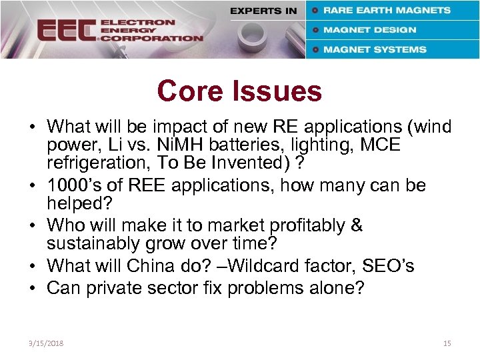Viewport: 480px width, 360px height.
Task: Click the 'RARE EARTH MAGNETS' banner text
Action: (387, 10)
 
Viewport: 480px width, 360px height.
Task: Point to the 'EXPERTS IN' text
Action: (263, 11)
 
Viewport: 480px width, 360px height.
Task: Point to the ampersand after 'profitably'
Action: (356, 225)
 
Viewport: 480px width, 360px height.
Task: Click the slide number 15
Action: (447, 343)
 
